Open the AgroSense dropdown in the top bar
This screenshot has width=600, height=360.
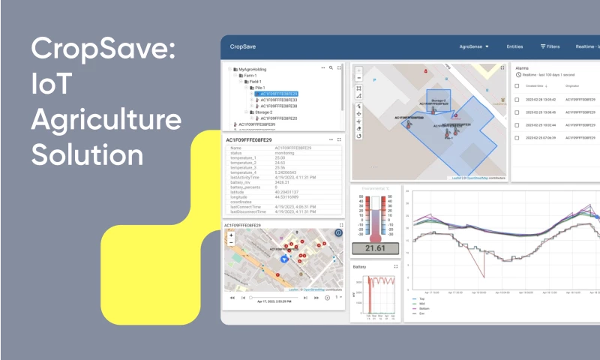474,46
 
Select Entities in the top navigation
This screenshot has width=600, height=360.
514,46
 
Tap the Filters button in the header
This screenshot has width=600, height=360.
550,46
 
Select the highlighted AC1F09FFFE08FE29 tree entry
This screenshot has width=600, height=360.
279,94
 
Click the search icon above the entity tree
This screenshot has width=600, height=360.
331,67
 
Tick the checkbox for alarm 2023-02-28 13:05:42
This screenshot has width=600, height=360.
517,99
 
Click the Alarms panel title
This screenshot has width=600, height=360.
523,67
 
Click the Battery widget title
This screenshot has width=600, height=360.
361,266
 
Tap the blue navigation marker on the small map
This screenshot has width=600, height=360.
284,258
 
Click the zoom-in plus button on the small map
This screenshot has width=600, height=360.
231,235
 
